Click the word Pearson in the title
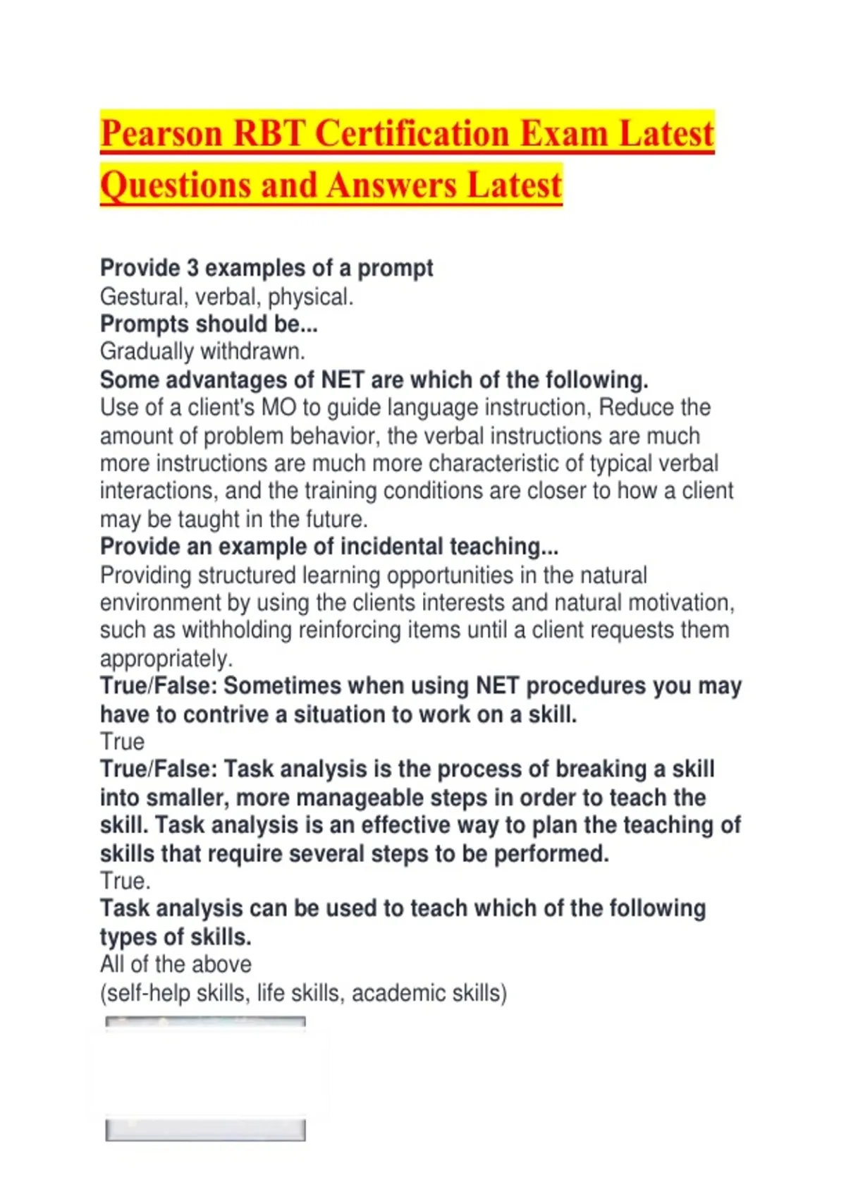coord(161,134)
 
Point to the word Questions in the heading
coord(175,185)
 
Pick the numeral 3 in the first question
coord(192,268)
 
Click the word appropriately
coord(166,659)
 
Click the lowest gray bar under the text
coord(205,1131)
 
